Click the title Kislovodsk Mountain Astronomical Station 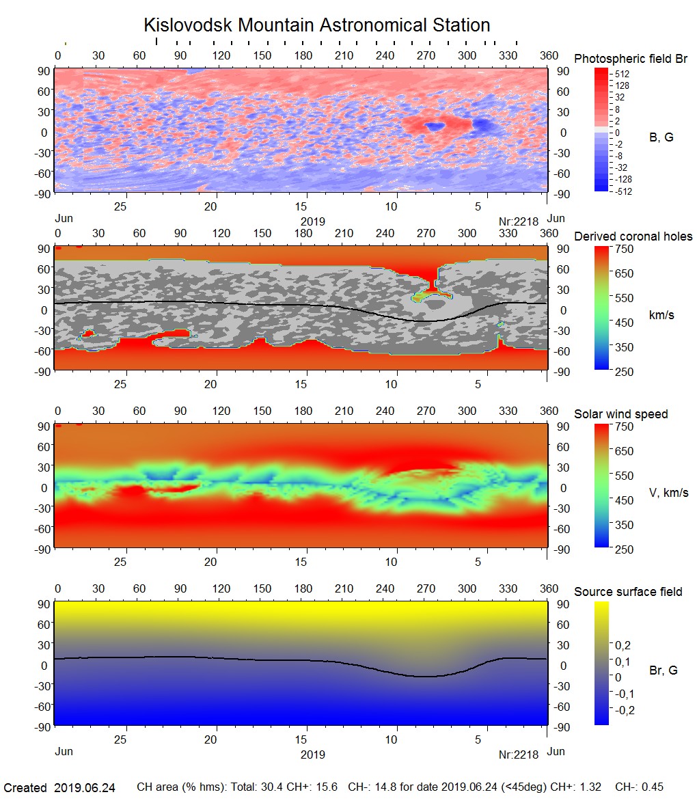(x=316, y=25)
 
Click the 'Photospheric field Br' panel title (x=631, y=59)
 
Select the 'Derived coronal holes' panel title (x=633, y=236)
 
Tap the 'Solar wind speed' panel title (x=621, y=414)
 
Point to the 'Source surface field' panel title (x=628, y=591)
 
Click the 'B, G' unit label (x=661, y=137)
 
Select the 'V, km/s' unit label (x=668, y=493)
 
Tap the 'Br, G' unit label (x=664, y=670)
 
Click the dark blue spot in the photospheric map (x=433, y=126)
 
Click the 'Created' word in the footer (x=25, y=788)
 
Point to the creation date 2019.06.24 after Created (x=85, y=788)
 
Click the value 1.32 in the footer (x=585, y=788)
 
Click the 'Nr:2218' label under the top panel (x=519, y=221)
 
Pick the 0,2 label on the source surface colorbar (x=623, y=645)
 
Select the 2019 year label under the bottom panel (x=312, y=755)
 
